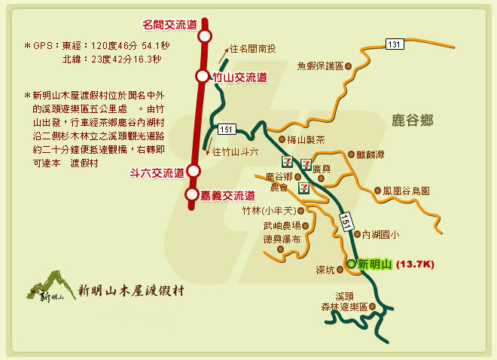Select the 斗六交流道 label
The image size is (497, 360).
pyautogui.click(x=157, y=172)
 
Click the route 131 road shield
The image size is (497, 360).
pyautogui.click(x=393, y=44)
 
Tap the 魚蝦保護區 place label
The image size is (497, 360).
pyautogui.click(x=320, y=66)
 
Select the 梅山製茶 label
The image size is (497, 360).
pyautogui.click(x=306, y=140)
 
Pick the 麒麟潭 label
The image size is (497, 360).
pyautogui.click(x=371, y=154)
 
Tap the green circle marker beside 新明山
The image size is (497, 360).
pyautogui.click(x=351, y=264)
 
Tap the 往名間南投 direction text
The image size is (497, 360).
pyautogui.click(x=252, y=50)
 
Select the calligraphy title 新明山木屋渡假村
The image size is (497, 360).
pyautogui.click(x=131, y=289)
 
